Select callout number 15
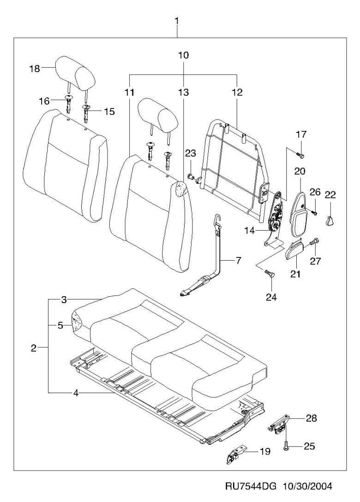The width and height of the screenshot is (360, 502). tap(109, 111)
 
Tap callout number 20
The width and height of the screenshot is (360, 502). tap(300, 171)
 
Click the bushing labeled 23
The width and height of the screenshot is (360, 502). tap(190, 176)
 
